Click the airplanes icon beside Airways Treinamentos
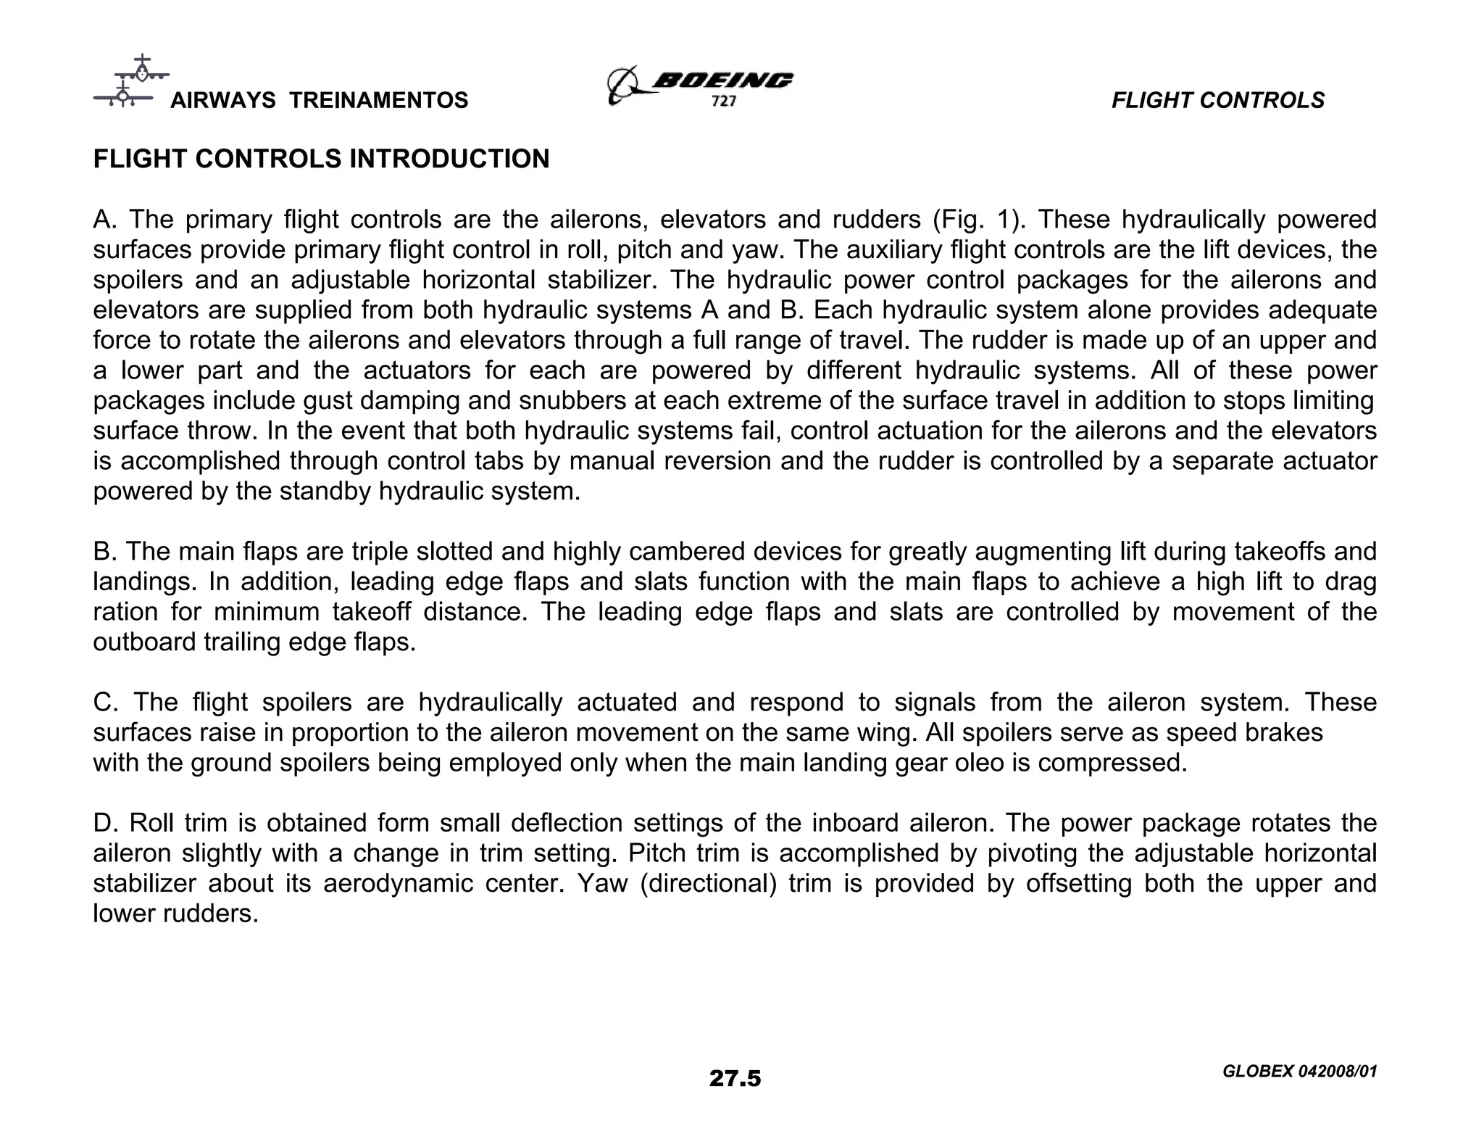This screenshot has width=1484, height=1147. click(x=130, y=82)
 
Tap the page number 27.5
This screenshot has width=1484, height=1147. click(x=735, y=1079)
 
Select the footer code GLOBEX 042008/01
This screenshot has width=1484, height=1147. click(x=1298, y=1072)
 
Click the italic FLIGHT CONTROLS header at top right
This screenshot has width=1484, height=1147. click(x=1217, y=100)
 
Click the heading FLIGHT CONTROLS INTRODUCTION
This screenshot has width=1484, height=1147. click(x=321, y=159)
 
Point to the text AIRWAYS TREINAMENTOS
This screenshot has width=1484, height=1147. click(x=319, y=100)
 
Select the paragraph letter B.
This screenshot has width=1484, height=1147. click(x=104, y=552)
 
